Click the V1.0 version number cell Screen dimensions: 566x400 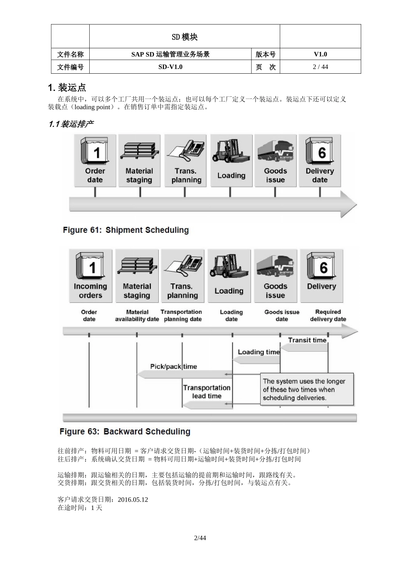pos(320,54)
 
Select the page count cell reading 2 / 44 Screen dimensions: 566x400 pos(320,67)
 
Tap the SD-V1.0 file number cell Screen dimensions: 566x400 pos(170,67)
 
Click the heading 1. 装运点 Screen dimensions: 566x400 pos(67,88)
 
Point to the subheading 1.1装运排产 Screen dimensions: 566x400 pos(71,124)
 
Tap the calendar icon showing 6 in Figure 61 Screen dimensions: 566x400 pos(320,150)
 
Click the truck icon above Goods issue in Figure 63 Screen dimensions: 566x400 pos(275,266)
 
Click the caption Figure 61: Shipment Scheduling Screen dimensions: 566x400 pos(126,230)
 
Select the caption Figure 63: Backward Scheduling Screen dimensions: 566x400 pos(125,432)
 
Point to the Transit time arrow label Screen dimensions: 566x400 pos(307,340)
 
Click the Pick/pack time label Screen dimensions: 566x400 pos(173,366)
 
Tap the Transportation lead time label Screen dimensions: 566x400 pos(206,392)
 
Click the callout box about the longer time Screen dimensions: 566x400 pos(307,390)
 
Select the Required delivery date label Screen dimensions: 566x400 pos(328,315)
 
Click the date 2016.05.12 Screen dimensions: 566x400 pos(133,499)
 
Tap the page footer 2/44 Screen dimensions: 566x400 pos(200,538)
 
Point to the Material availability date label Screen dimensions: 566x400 pos(137,315)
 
